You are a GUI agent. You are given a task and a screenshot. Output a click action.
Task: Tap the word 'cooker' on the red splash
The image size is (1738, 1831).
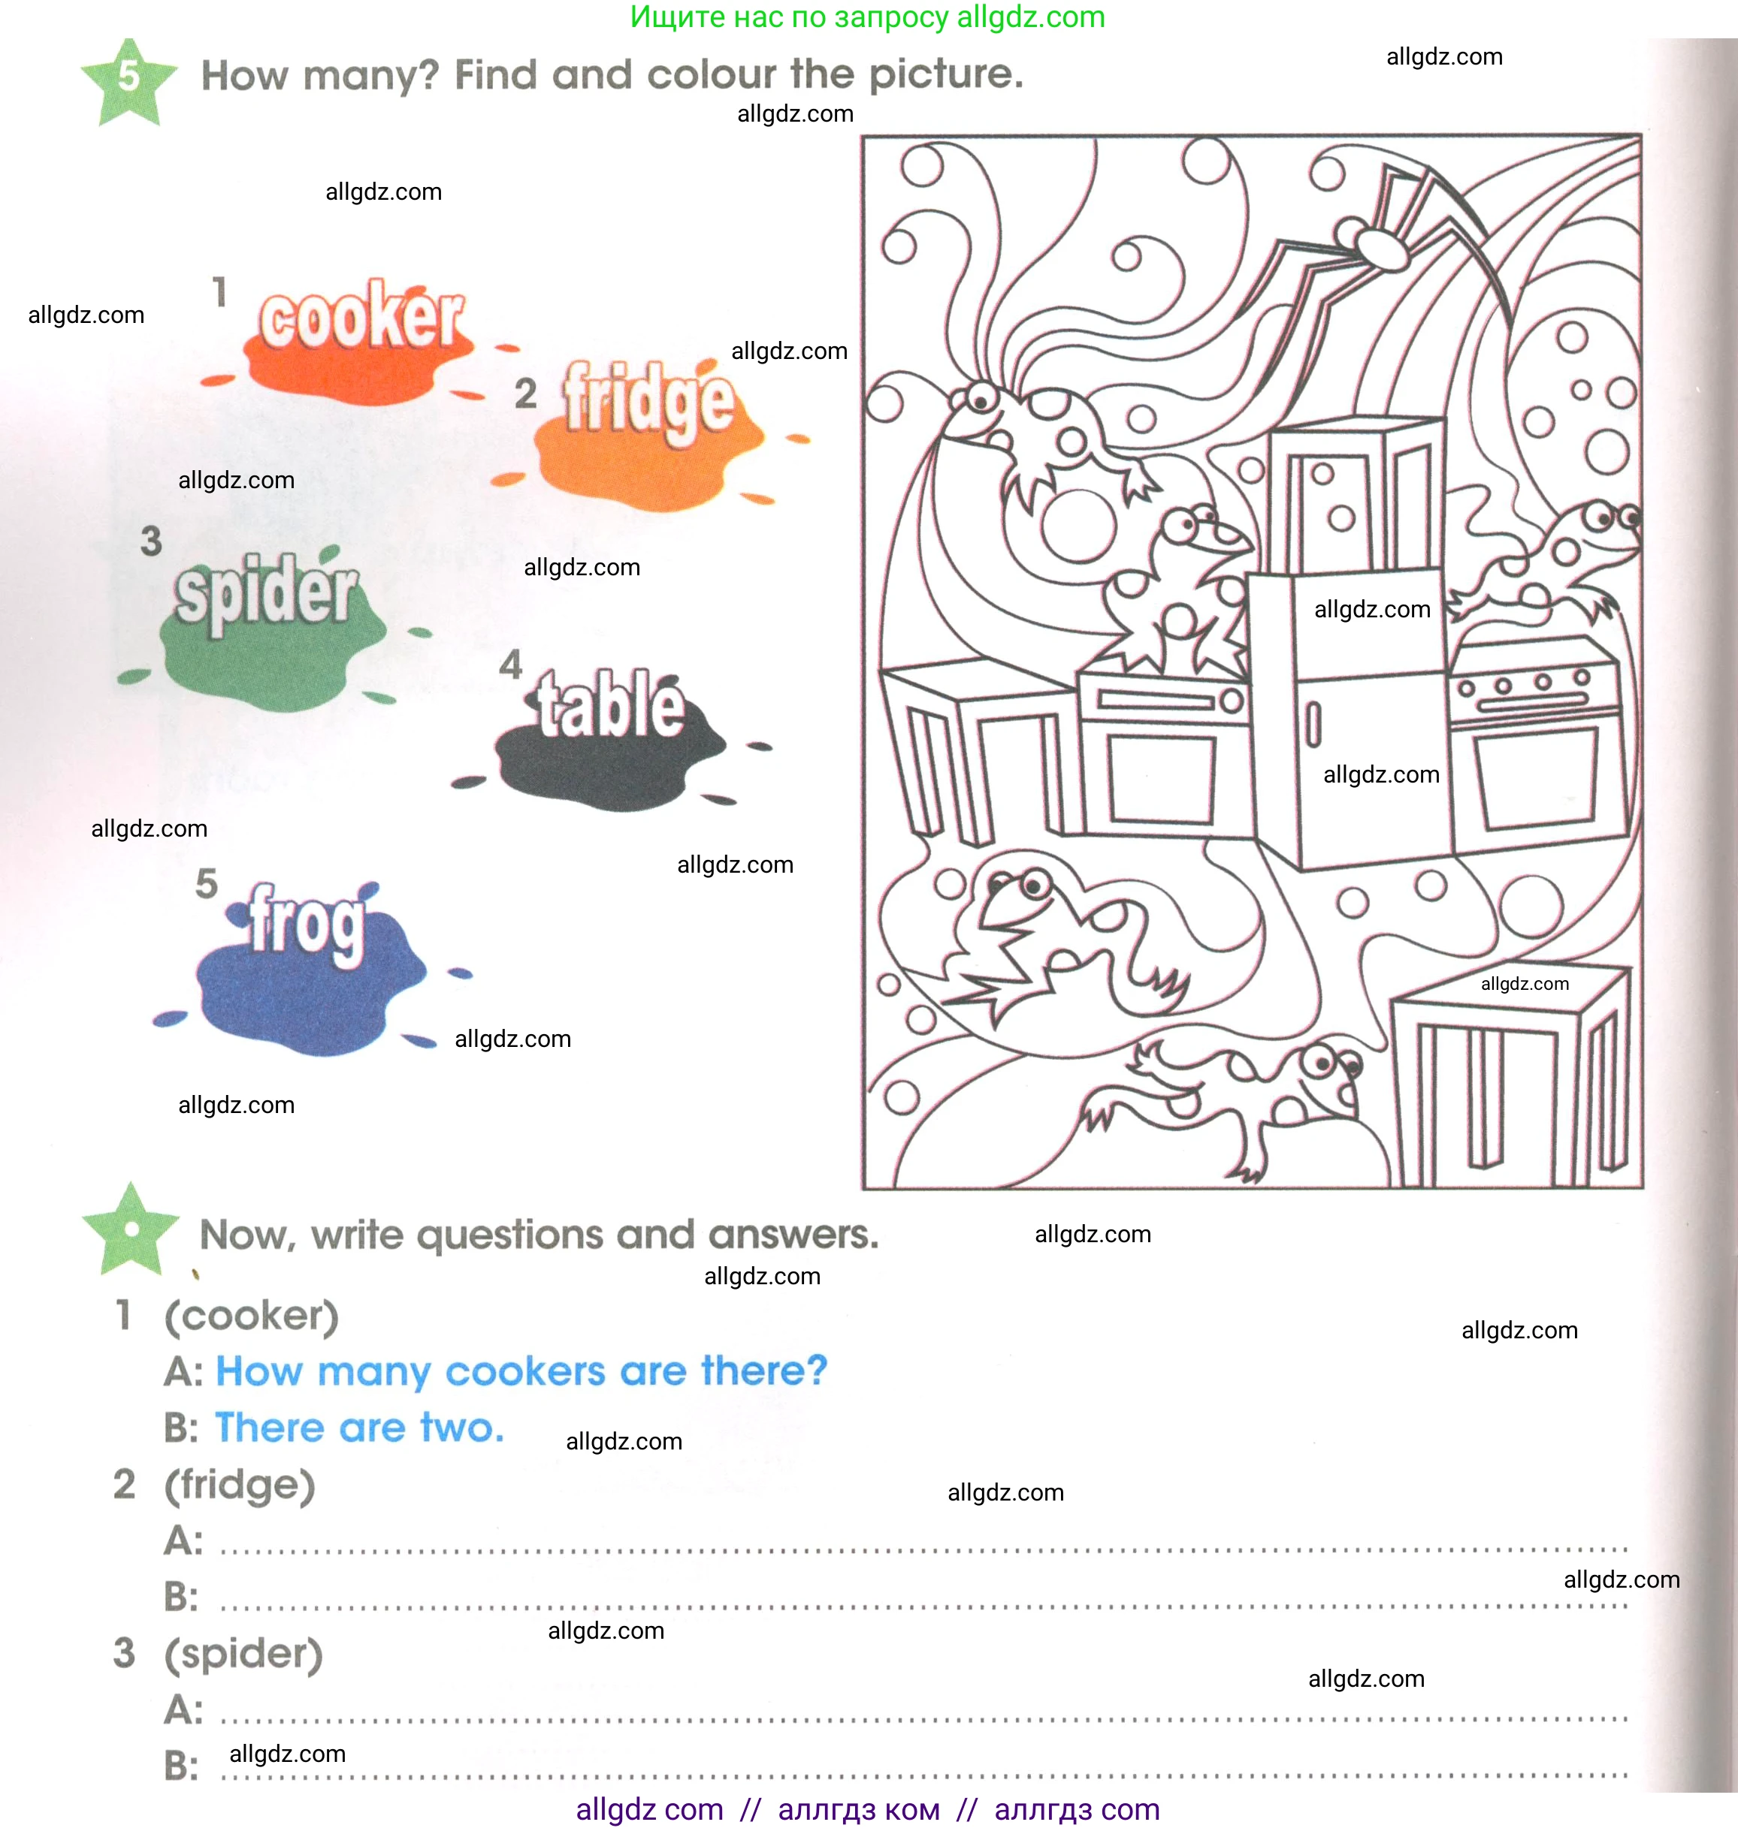click(x=361, y=318)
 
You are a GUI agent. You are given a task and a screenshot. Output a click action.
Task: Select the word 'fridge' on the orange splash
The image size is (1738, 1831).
click(x=649, y=401)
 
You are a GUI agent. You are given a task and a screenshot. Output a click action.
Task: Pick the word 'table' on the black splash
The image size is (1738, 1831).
click(x=611, y=706)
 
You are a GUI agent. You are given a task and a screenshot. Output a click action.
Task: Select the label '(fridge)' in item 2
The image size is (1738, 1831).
click(x=240, y=1486)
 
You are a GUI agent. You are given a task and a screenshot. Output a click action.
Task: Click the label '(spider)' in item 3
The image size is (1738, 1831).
click(x=243, y=1654)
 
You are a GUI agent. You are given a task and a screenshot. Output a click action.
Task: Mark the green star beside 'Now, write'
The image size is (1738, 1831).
click(x=131, y=1229)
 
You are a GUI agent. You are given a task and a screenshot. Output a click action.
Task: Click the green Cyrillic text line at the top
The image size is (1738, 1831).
click(x=867, y=17)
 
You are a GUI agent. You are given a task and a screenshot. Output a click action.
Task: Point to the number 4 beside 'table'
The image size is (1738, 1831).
click(x=510, y=664)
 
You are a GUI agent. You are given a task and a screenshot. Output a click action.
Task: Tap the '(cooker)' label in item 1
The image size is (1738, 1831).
click(x=251, y=1316)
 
